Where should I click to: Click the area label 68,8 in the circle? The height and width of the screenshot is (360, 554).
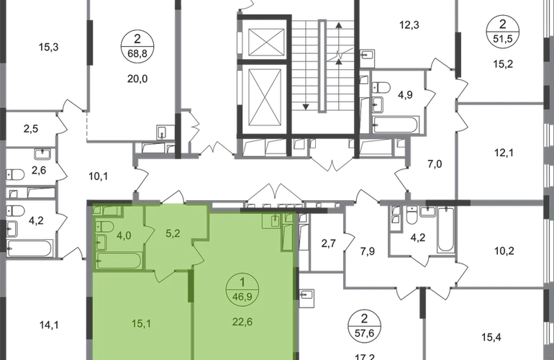[x=137, y=53]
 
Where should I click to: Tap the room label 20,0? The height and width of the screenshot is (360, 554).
[x=137, y=79]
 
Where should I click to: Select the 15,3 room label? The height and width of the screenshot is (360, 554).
[x=48, y=47]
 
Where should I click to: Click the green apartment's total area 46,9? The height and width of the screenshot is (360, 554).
[x=242, y=297]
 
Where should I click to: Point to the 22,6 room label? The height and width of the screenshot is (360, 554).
[x=242, y=322]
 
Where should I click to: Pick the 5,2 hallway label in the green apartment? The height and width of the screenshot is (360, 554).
[x=173, y=234]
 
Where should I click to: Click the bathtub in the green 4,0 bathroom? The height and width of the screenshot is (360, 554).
[x=119, y=261]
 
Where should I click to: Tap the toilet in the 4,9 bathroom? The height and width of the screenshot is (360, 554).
[x=381, y=86]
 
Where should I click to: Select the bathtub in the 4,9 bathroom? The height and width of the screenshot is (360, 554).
[x=396, y=125]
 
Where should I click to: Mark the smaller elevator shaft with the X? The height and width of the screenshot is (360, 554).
[x=266, y=42]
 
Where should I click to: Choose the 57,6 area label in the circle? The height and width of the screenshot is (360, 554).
[x=364, y=333]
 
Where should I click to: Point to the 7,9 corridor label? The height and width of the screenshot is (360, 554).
[x=368, y=251]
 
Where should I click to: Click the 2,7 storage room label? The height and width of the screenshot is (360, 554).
[x=328, y=243]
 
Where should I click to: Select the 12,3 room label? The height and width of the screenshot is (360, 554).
[x=409, y=25]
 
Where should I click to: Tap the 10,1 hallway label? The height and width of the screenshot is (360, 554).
[x=99, y=176]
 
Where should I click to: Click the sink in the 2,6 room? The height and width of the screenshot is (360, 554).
[x=42, y=154]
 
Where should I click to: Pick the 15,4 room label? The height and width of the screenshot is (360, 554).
[x=491, y=337]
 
